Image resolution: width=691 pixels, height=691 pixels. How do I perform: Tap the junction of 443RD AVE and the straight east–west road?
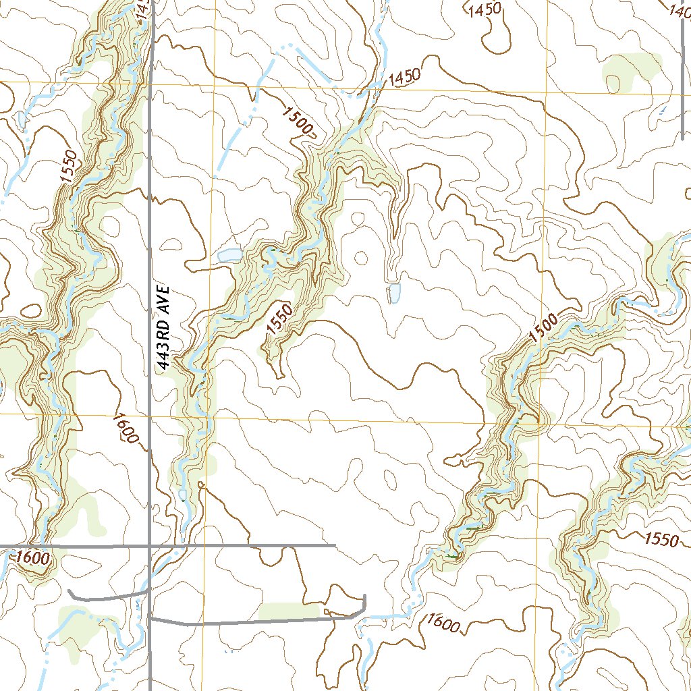(150, 545)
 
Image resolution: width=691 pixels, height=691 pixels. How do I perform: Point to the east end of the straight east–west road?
(335, 545)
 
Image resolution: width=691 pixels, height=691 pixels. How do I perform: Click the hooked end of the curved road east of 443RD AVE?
(364, 597)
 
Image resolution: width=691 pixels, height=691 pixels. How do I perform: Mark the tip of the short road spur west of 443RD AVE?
(70, 591)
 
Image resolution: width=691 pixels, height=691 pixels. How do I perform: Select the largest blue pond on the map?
(229, 255)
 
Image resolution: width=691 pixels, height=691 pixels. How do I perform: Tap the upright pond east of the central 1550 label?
(393, 293)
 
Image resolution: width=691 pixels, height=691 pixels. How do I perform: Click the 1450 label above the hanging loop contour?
(485, 9)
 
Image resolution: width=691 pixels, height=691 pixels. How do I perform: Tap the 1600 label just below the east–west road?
(33, 558)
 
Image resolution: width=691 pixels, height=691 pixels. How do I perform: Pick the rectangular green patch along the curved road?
(289, 611)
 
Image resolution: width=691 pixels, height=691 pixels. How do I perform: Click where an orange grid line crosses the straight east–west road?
(203, 545)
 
